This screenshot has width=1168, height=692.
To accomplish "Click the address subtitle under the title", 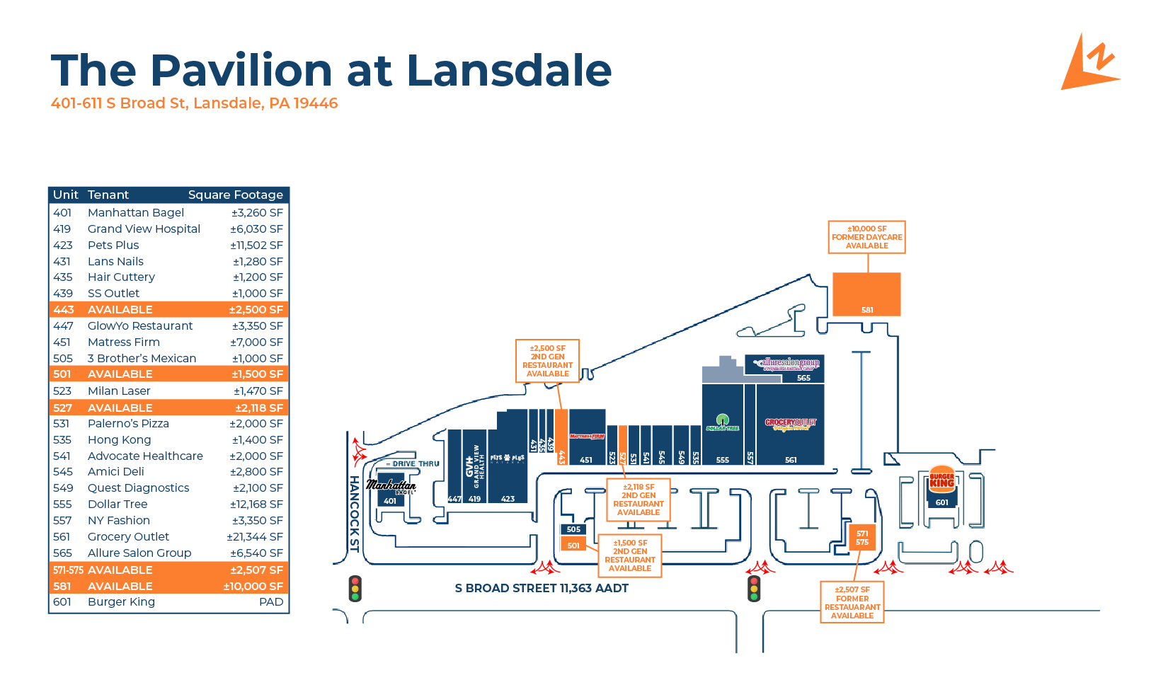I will tap(194, 103).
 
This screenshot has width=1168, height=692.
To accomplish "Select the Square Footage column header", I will tap(235, 195).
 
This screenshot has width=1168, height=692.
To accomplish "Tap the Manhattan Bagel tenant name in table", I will tap(136, 212).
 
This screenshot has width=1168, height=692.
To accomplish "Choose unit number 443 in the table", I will tap(63, 310).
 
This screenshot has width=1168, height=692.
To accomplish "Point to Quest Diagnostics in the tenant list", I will tap(138, 488).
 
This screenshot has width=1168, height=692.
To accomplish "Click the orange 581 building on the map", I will tap(866, 294).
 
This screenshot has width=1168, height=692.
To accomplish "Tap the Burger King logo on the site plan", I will tap(941, 479).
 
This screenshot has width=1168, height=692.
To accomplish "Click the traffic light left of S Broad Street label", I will tap(355, 589).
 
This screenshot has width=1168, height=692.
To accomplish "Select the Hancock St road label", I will tap(354, 513).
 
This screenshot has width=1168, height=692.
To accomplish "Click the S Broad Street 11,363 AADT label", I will tap(542, 588).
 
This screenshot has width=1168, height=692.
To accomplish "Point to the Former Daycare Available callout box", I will tap(866, 237).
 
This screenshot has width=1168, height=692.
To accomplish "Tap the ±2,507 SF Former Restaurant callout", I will tap(852, 602).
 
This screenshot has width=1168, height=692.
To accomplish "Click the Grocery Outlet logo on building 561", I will tap(790, 424).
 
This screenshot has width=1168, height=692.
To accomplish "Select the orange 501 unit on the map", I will tap(573, 545).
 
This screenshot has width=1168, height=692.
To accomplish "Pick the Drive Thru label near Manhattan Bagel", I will tap(416, 464).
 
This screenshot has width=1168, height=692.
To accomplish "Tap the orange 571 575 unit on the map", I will tap(861, 538).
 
